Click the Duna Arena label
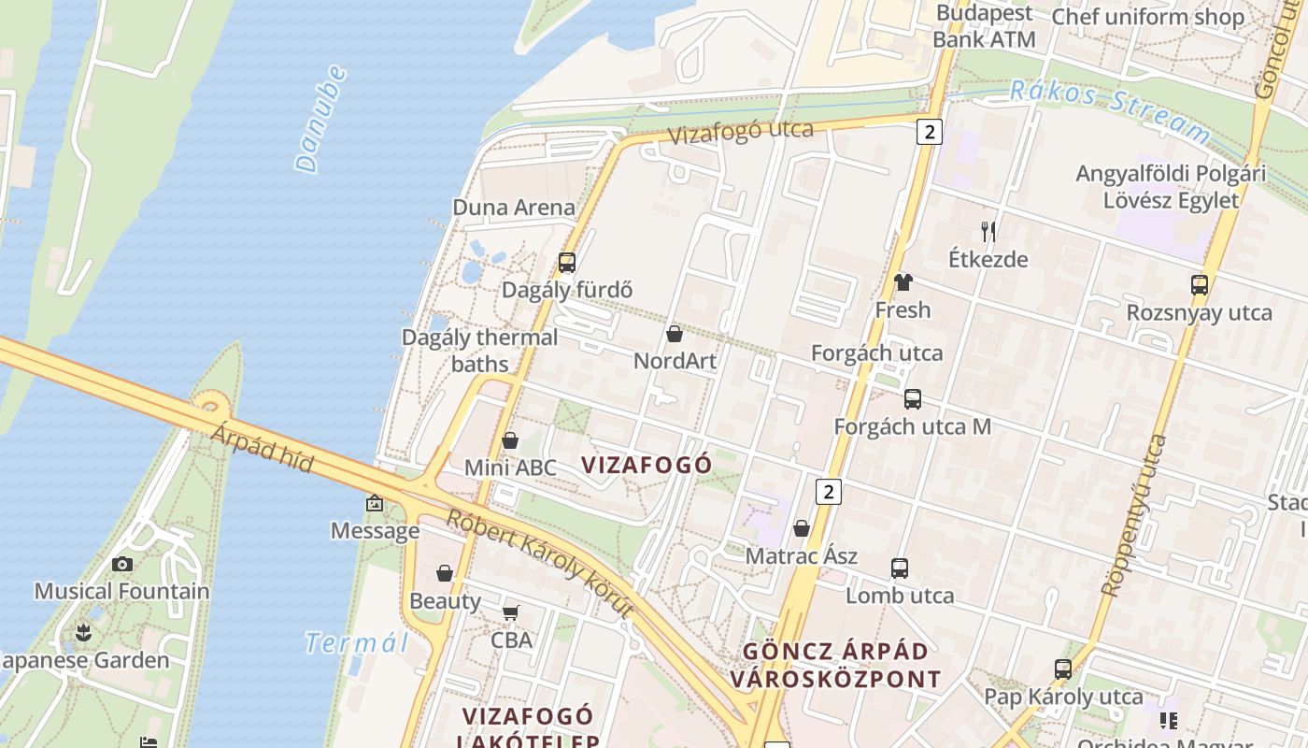513,208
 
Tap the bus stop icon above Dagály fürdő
567,263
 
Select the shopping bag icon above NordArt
675,334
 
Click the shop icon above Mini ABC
510,440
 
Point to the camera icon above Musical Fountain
122,564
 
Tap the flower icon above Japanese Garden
84,633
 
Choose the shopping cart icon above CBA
511,613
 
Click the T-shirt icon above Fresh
903,281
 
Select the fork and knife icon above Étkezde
988,232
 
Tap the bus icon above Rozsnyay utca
1200,285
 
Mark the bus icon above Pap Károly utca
1063,669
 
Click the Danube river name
320,119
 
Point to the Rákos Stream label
1110,110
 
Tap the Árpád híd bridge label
261,447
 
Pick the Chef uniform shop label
1148,17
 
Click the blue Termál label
358,643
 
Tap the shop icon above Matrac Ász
801,529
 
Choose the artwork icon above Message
375,504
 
